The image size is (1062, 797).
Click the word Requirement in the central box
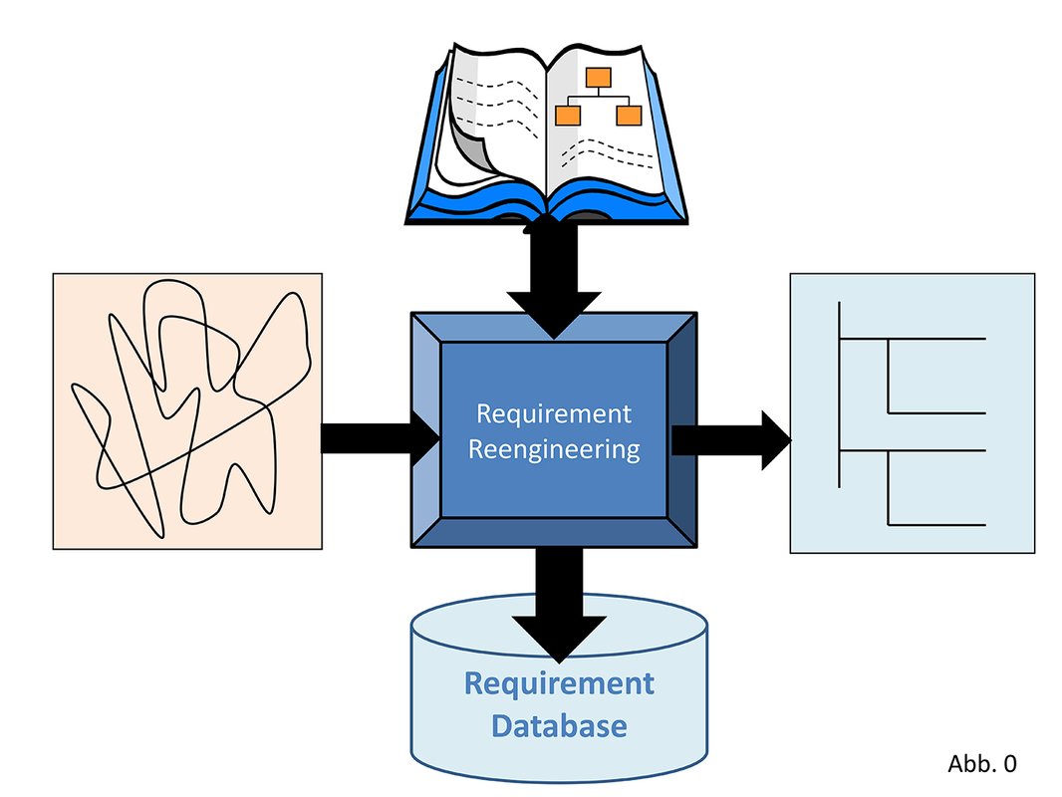[553, 412]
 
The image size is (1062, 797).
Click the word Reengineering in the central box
[553, 449]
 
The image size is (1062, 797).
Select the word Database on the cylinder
[559, 724]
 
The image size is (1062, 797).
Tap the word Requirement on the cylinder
[559, 683]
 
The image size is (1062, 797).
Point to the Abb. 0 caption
[981, 764]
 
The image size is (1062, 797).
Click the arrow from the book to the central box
[553, 279]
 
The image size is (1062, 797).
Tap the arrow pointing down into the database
[559, 608]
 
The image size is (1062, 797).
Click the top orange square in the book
[597, 78]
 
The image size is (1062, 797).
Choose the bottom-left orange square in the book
[568, 115]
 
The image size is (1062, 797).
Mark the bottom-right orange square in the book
[628, 115]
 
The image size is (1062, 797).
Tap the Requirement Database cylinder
[559, 697]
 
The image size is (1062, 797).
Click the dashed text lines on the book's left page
[498, 105]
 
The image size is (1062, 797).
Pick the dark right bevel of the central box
[682, 428]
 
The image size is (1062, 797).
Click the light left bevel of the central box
[425, 428]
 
